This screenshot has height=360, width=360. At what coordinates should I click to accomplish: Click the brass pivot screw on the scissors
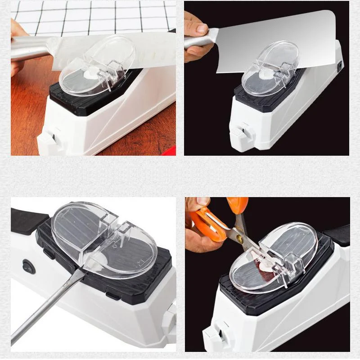[x=239, y=239]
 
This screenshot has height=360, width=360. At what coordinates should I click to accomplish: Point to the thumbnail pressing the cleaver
[x=202, y=30]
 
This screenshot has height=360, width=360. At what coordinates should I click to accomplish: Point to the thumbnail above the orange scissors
[x=202, y=202]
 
